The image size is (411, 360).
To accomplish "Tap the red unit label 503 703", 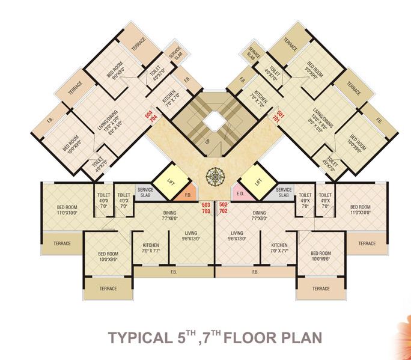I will coord(205,208).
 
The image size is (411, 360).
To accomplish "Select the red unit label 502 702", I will coord(223,208).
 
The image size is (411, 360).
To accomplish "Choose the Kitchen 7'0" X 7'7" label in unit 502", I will coord(279,249).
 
